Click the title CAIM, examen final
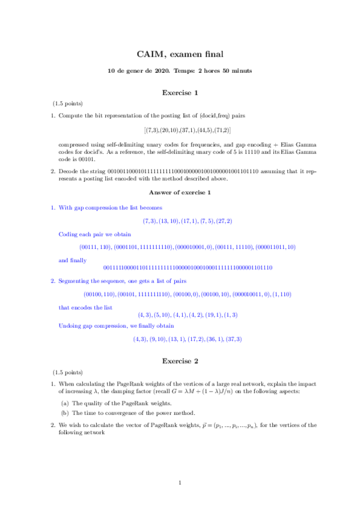tap(180, 55)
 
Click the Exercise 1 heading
tap(180, 93)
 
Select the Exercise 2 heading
tap(180, 361)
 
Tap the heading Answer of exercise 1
tap(180, 192)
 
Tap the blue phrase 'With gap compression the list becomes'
tap(110, 207)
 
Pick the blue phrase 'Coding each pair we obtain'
tap(95, 234)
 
